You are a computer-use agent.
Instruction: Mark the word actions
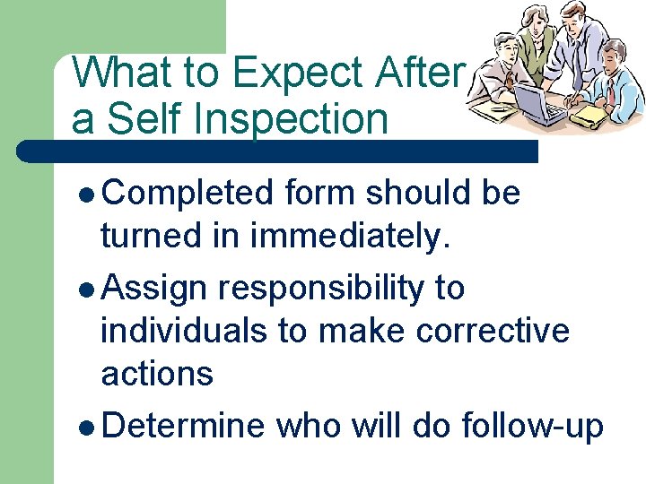157,373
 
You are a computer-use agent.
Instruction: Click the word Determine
183,428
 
